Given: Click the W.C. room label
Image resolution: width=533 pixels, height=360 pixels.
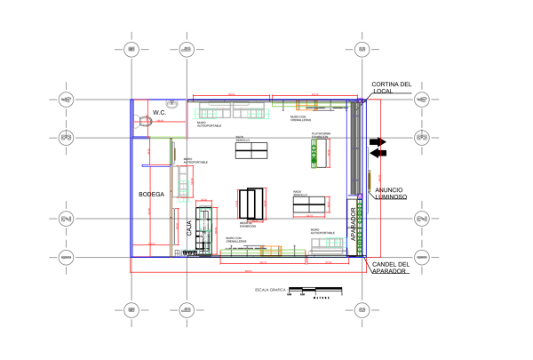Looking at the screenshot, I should click(x=160, y=112).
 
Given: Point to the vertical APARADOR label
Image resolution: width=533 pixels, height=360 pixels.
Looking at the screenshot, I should click(x=354, y=224).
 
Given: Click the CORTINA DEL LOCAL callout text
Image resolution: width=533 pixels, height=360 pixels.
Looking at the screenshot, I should click(x=392, y=88).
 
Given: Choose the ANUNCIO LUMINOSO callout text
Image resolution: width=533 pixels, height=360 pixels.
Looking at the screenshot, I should click(x=390, y=193).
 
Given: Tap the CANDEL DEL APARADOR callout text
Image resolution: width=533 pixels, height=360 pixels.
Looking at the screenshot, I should click(x=391, y=267).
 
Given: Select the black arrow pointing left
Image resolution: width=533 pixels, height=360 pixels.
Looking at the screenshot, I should click(x=378, y=153).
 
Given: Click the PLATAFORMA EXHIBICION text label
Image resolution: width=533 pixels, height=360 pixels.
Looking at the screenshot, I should click(x=320, y=135).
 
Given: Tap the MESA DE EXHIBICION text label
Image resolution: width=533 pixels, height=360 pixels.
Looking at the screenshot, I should click(x=247, y=225).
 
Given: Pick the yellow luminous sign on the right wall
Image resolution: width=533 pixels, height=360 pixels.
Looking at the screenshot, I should click(x=368, y=183).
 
